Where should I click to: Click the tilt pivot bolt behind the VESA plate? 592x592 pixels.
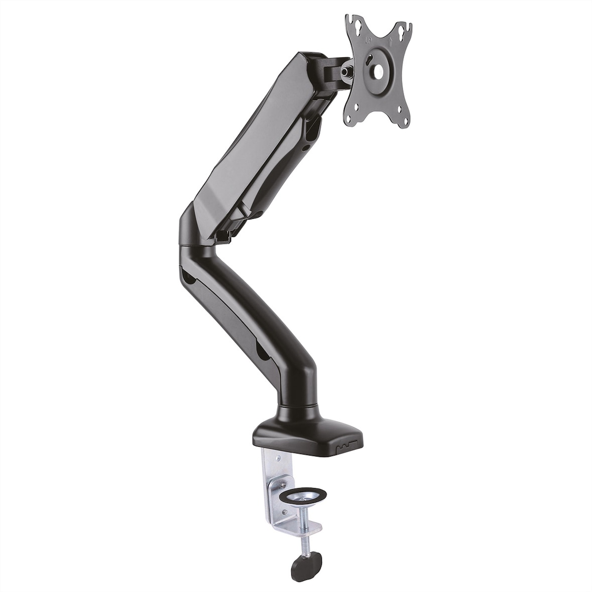click(347, 71)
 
